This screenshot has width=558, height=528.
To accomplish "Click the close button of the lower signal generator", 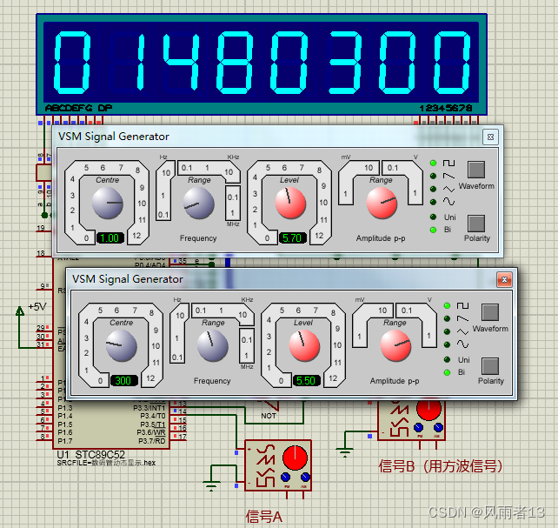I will tap(503, 279).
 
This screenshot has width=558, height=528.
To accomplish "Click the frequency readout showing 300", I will tap(124, 380).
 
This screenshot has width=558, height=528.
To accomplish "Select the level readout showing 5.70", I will tap(292, 237).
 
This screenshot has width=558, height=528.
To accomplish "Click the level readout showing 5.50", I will tap(306, 380).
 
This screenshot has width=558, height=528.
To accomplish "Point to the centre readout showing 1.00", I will tap(110, 237).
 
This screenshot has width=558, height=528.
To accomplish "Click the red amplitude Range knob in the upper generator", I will tap(381, 204).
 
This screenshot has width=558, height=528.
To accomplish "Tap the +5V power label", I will tap(37, 306).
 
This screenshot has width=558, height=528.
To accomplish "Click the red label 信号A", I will tap(265, 517).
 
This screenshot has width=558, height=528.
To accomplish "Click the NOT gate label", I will tap(269, 415).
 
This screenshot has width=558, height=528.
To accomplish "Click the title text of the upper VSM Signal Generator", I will tap(114, 137).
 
